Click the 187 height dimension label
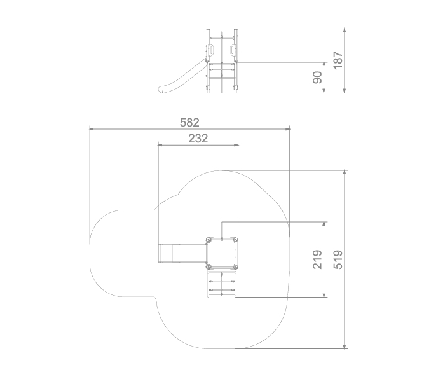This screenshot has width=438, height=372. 338,60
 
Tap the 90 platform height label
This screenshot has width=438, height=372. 317,78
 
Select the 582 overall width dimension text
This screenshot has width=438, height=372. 189,123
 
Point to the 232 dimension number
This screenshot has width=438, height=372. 198,139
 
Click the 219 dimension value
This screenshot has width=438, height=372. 317,259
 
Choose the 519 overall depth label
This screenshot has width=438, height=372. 338,259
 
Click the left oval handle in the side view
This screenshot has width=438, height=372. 212,50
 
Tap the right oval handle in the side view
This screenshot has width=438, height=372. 232,50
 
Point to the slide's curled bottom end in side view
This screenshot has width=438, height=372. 162,90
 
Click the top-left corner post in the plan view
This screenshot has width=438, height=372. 208,240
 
